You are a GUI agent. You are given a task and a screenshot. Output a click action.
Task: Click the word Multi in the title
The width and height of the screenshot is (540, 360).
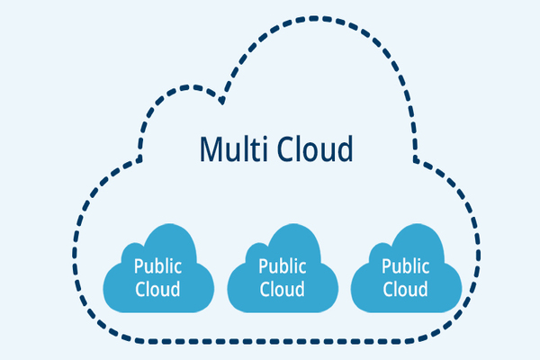pos(227,148)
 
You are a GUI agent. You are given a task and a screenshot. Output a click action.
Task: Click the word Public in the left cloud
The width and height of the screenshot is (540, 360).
pos(157,266)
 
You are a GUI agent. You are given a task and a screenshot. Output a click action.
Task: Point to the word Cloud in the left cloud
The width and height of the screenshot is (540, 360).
pos(157,289)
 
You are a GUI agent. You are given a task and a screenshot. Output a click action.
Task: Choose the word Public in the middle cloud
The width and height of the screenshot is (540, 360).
pos(282,266)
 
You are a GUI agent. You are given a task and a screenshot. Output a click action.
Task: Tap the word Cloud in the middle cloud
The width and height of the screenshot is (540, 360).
pos(282,289)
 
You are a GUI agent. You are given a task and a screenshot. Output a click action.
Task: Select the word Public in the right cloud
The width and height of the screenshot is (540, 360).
pos(406,266)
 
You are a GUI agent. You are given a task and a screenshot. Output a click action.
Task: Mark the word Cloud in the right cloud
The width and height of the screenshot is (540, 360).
pos(406,289)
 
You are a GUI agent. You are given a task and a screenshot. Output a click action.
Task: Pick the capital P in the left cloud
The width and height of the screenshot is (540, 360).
pos(139,266)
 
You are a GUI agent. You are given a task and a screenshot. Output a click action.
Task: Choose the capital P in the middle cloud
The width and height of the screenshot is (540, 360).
pos(263,266)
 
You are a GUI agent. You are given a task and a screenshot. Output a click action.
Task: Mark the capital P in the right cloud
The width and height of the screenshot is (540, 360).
pos(387,266)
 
